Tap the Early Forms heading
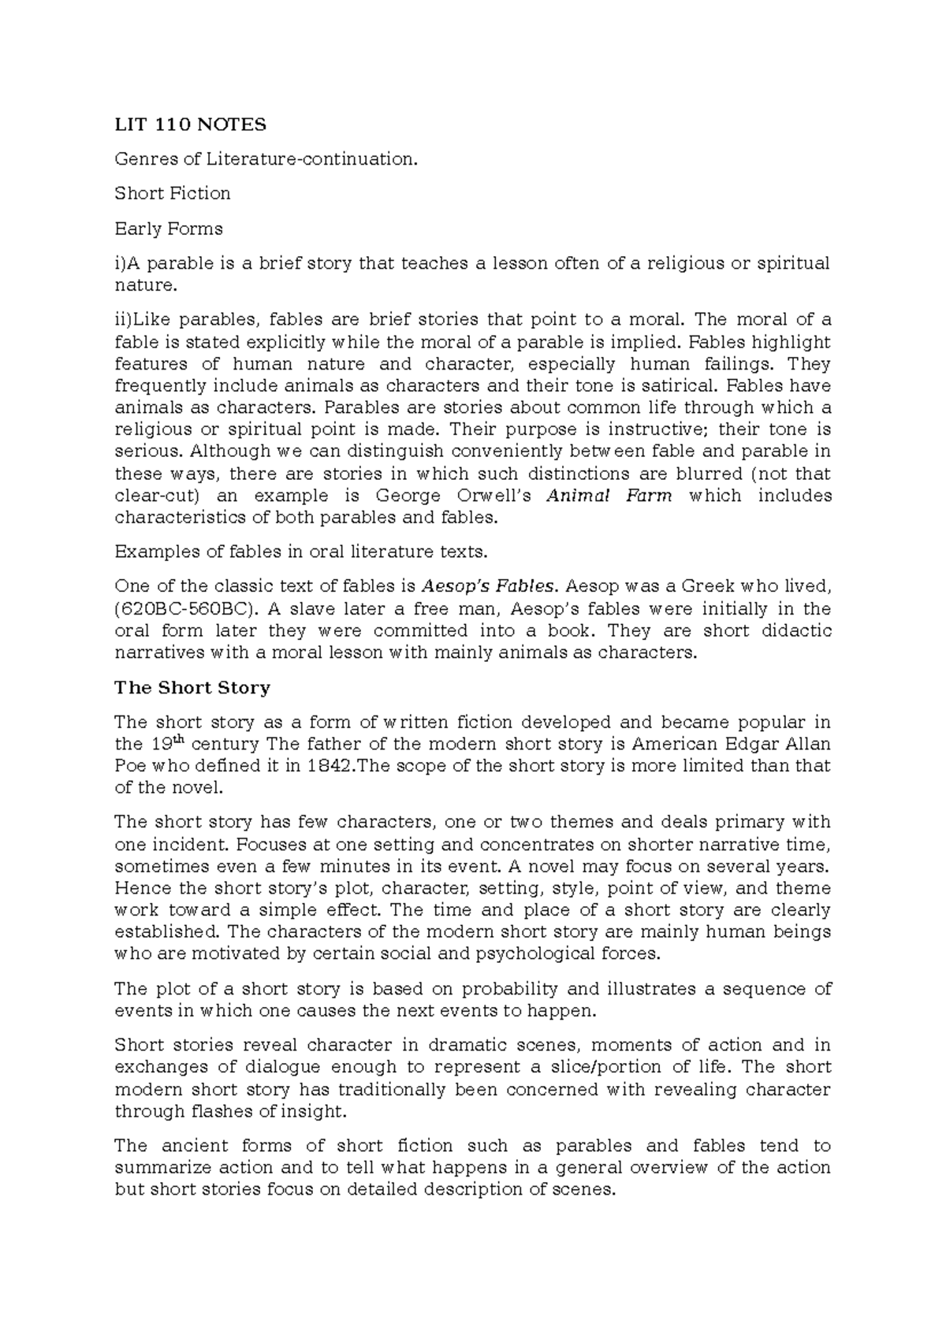[169, 229]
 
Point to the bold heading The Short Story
[192, 687]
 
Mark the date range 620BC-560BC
[186, 608]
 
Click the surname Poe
[130, 766]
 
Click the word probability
[509, 989]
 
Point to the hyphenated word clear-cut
[156, 496]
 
